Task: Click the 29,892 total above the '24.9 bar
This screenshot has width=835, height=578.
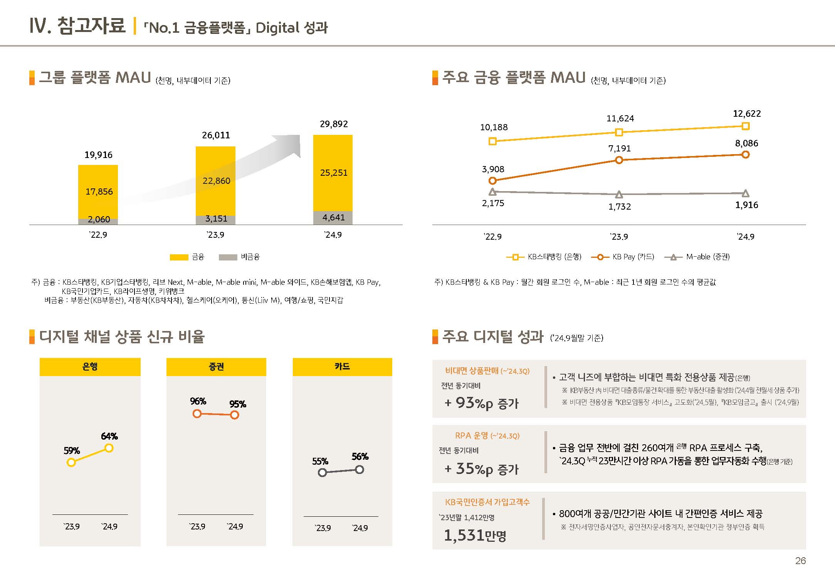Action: click(334, 124)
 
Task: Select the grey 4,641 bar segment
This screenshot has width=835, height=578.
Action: click(333, 218)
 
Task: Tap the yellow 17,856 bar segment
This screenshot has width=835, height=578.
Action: click(98, 192)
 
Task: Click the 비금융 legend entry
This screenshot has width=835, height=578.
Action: click(239, 257)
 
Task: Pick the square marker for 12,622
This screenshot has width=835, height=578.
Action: click(745, 126)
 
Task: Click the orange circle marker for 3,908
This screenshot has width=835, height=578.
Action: click(492, 180)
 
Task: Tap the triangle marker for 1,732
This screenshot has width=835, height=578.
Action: click(619, 194)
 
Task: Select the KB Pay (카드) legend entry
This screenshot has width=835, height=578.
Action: click(623, 257)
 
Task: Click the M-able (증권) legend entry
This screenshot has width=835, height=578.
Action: click(697, 257)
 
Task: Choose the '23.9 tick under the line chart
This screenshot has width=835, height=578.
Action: click(619, 237)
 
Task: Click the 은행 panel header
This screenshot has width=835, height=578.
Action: click(90, 366)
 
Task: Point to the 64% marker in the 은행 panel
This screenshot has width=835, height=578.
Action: click(109, 448)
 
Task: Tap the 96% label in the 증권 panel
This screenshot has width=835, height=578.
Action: click(198, 402)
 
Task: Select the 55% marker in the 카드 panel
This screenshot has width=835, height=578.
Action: click(322, 472)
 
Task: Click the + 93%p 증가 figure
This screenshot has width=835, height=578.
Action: click(482, 403)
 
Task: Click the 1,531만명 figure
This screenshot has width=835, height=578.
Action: click(475, 535)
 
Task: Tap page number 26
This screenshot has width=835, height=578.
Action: click(800, 561)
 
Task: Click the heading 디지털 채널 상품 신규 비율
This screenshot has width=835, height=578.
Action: click(122, 337)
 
